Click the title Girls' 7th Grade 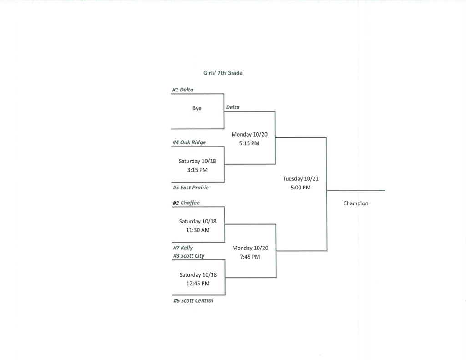(x=223, y=73)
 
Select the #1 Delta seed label (x=182, y=90)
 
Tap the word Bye (x=197, y=108)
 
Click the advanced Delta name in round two (x=233, y=107)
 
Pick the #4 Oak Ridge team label (x=189, y=142)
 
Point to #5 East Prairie (x=190, y=188)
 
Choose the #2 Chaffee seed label (x=186, y=203)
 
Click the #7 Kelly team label (x=182, y=248)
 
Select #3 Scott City (x=188, y=256)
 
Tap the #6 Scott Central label (x=193, y=301)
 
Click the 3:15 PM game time (x=197, y=170)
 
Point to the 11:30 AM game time (x=198, y=230)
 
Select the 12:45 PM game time (x=198, y=284)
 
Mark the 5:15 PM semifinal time (x=249, y=143)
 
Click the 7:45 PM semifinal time (x=250, y=257)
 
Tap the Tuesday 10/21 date (x=300, y=179)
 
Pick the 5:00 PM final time (x=300, y=188)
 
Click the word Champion (x=355, y=203)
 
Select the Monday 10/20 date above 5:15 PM (x=249, y=135)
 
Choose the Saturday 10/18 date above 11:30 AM (x=198, y=222)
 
